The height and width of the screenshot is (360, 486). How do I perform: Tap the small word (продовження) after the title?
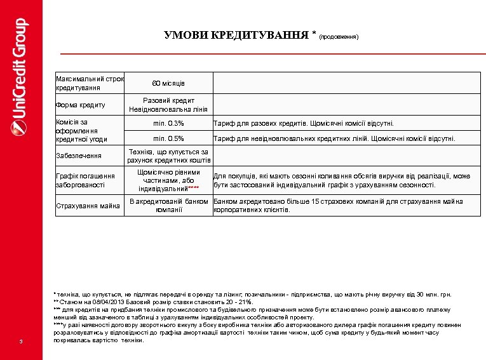[x=339, y=37]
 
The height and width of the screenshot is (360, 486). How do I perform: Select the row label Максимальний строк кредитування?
[x=90, y=83]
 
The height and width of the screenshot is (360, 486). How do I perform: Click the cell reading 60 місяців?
[x=168, y=83]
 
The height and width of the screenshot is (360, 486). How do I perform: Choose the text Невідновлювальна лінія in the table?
[x=168, y=109]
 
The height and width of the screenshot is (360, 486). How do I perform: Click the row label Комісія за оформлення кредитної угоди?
[x=82, y=130]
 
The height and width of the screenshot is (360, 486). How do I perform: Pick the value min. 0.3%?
[x=168, y=123]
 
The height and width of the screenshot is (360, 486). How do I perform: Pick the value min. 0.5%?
[x=168, y=138]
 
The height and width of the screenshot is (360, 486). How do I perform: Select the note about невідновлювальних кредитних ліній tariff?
[x=334, y=138]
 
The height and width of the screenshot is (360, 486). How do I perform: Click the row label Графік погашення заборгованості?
[x=86, y=180]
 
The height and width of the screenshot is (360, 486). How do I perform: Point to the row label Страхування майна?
[x=88, y=205]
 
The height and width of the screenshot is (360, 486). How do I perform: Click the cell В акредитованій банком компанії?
[x=168, y=205]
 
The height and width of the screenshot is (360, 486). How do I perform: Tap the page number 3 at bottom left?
[x=21, y=343]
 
